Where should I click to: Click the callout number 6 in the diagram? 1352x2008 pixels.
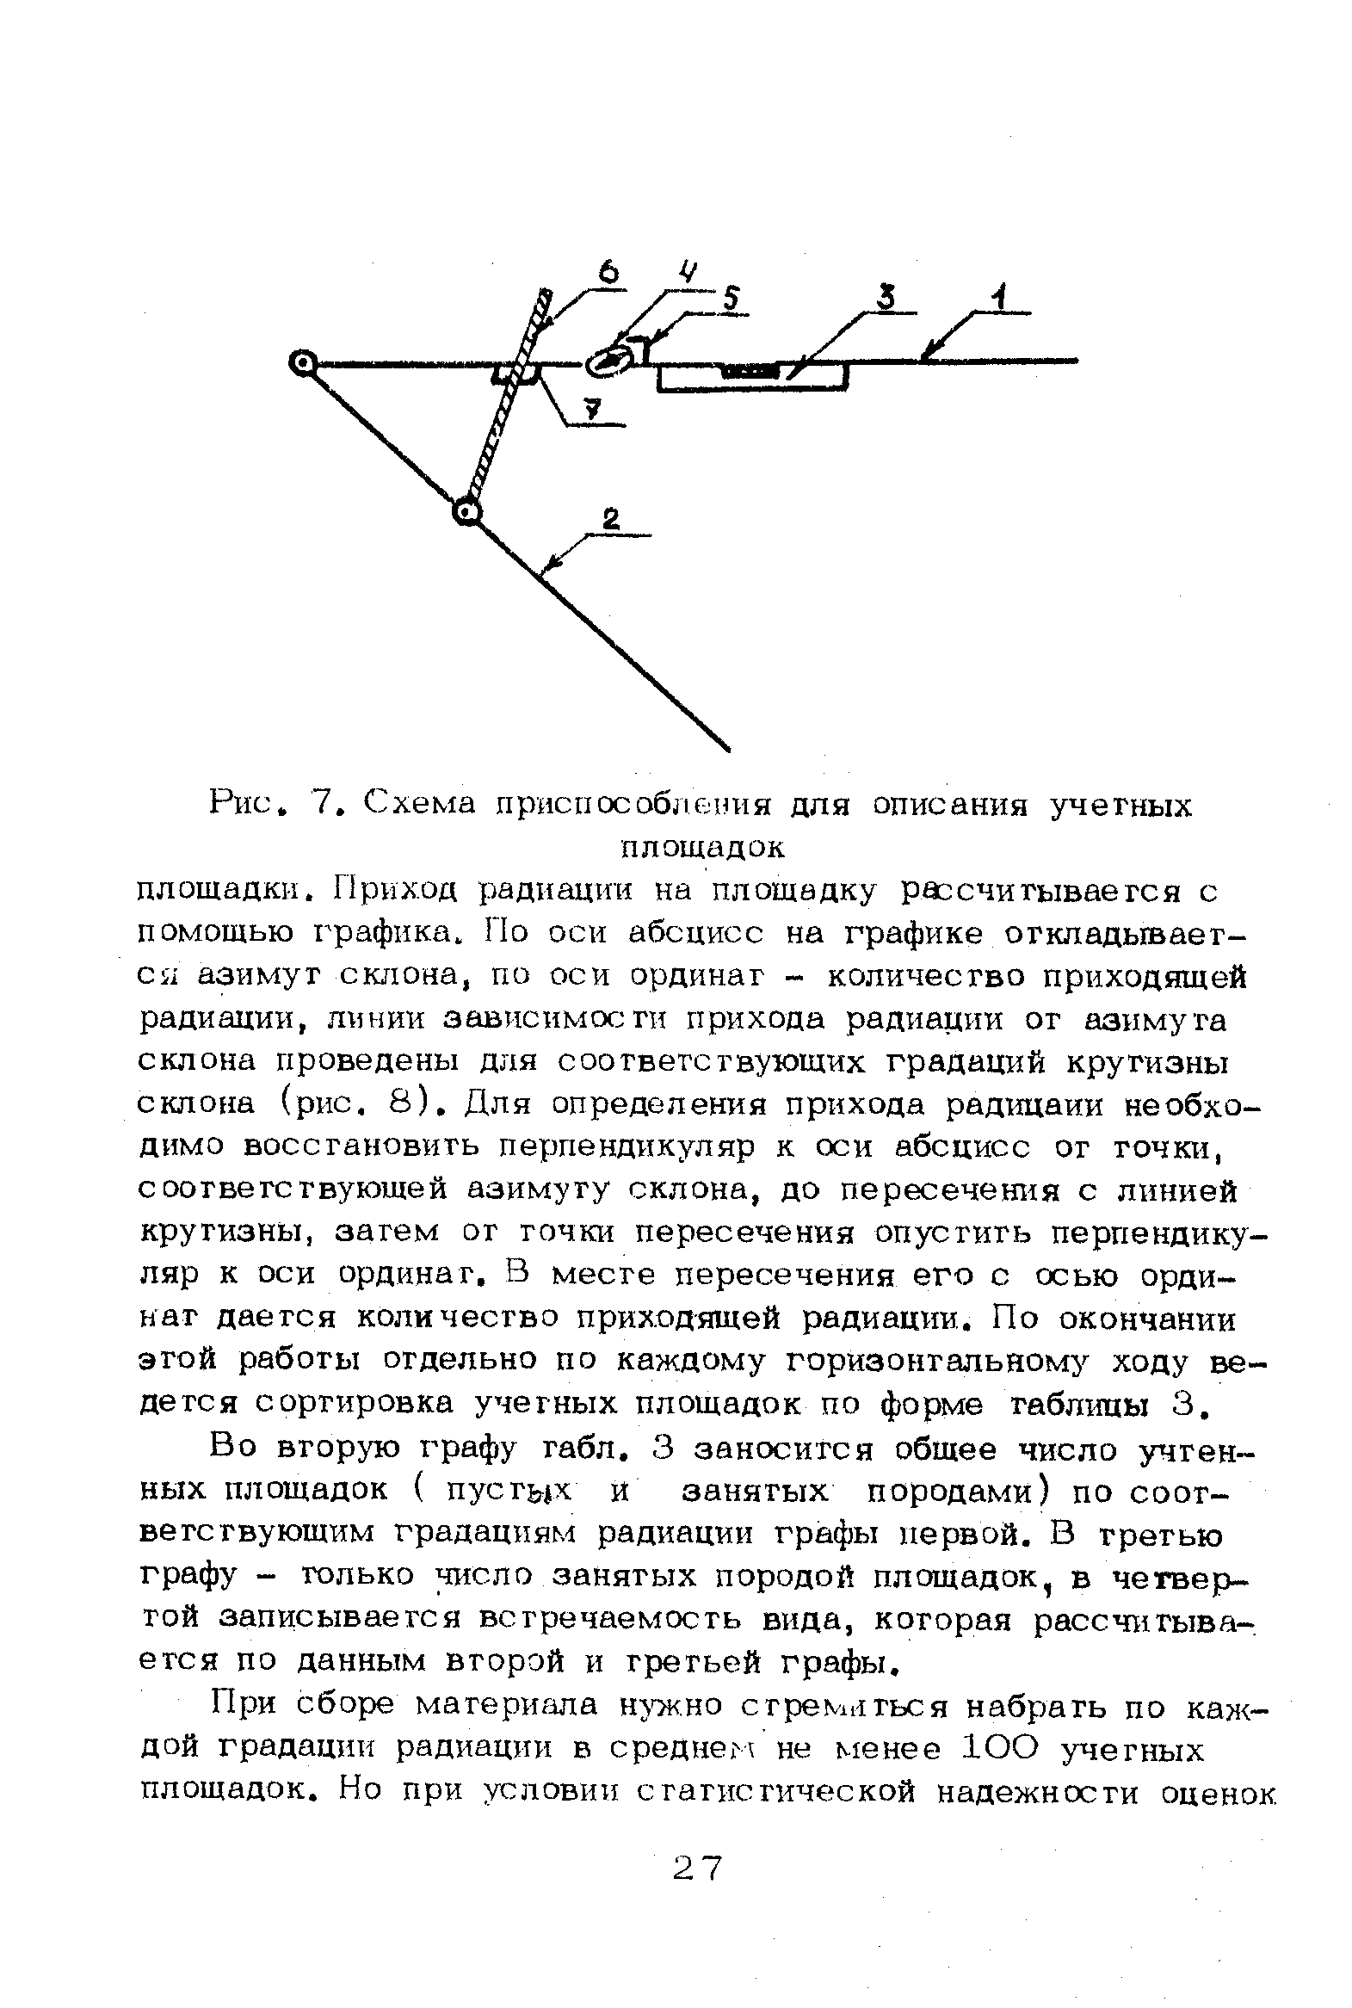pyautogui.click(x=610, y=275)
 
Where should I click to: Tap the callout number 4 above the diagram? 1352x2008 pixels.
pyautogui.click(x=687, y=274)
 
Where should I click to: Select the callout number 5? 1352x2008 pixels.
pyautogui.click(x=730, y=299)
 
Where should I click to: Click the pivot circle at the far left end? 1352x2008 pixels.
pyautogui.click(x=303, y=364)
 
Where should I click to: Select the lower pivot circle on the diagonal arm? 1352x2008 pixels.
pyautogui.click(x=466, y=514)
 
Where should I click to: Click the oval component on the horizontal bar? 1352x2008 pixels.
pyautogui.click(x=608, y=362)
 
